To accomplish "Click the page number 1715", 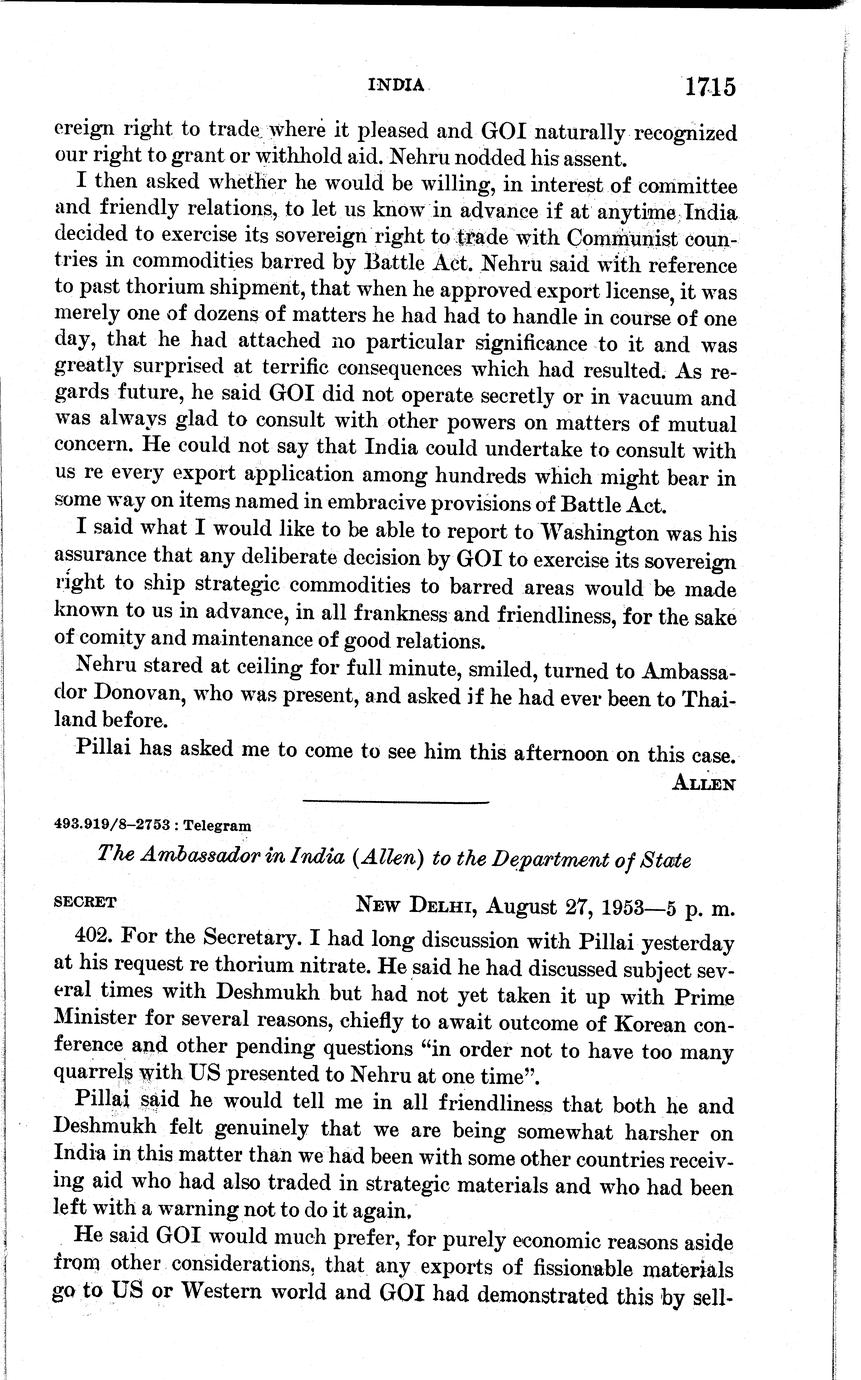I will pos(710,87).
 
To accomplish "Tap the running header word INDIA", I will pos(397,85).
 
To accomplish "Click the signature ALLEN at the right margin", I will pos(705,784).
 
